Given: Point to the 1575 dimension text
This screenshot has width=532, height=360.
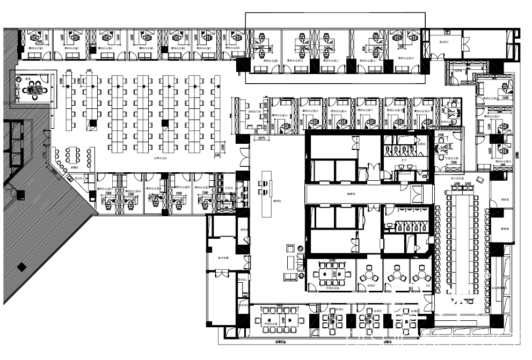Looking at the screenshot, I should point(263,139).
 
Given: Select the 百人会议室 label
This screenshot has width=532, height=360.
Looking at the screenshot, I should point(457,178).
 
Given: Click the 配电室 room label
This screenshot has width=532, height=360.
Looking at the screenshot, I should point(505,227).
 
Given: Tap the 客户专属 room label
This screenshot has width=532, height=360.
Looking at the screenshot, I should point(223,258).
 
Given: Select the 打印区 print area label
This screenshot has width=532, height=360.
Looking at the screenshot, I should point(229,188).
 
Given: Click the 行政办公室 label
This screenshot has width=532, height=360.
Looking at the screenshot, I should point(451,158).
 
